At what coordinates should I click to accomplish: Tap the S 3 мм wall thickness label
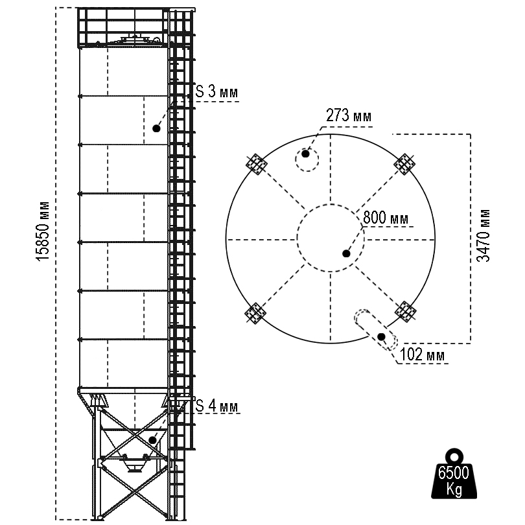coord(216,93)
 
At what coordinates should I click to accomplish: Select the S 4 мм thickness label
coord(216,406)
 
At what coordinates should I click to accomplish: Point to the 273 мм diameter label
coord(349,116)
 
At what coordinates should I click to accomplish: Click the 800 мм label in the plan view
coord(386,218)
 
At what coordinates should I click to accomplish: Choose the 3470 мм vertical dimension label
coord(484,235)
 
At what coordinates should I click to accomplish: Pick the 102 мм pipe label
coord(423,355)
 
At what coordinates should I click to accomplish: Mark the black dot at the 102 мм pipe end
coord(382,337)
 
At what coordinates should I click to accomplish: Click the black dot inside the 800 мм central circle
coord(347,253)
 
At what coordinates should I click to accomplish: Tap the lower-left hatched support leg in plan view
coord(254,313)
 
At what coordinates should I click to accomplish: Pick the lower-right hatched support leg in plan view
coord(406,310)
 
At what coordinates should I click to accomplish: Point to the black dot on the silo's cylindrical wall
coord(156,128)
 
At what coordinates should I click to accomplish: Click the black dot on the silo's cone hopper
coord(152,439)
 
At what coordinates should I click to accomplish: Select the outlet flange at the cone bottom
coord(135,467)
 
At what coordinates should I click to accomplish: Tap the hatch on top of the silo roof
coord(136,40)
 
